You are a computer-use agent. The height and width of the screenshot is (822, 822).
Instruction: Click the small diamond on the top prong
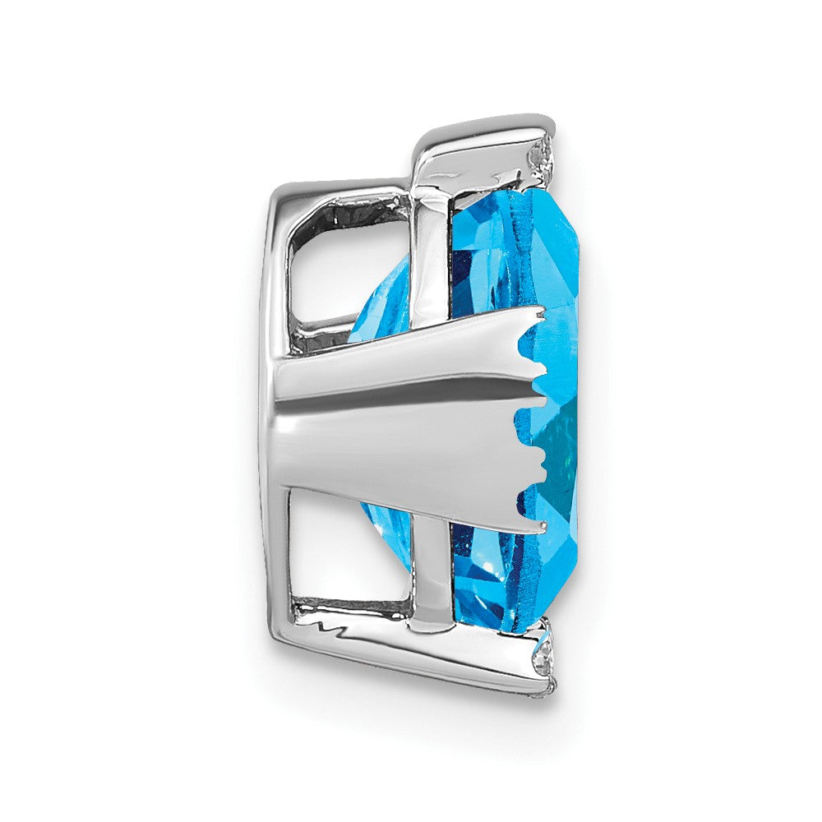pyautogui.click(x=539, y=154)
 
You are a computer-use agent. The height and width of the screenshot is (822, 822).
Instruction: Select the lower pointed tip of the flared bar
pyautogui.click(x=538, y=527)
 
